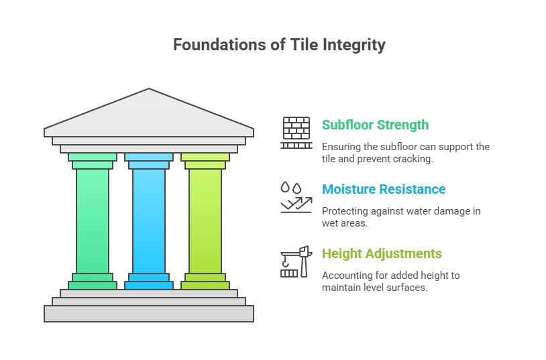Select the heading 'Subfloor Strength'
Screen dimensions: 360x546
pyautogui.click(x=375, y=125)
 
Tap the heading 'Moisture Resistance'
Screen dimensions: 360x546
pyautogui.click(x=383, y=189)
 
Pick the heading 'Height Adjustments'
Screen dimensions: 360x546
pyautogui.click(x=382, y=253)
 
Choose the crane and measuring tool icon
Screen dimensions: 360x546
pyautogui.click(x=296, y=261)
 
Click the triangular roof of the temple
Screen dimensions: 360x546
pyautogui.click(x=149, y=114)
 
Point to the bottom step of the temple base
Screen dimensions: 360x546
pyautogui.click(x=149, y=313)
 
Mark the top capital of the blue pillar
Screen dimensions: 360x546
pyautogui.click(x=149, y=160)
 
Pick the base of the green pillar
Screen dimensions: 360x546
pyautogui.click(x=93, y=281)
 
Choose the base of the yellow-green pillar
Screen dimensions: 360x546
pyautogui.click(x=205, y=281)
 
